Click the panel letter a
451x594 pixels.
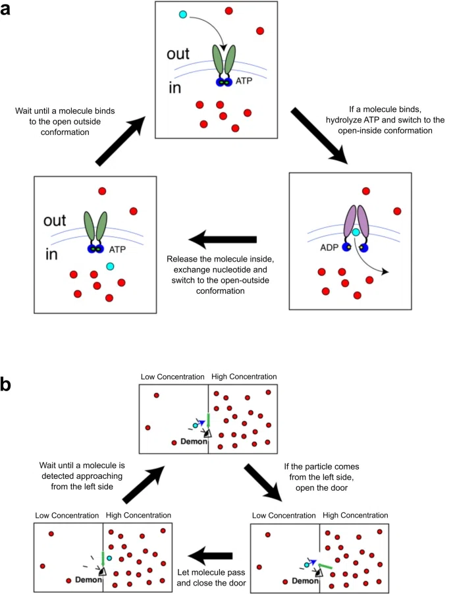tap(5, 9)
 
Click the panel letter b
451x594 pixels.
tap(6, 384)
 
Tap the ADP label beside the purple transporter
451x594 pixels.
tap(329, 248)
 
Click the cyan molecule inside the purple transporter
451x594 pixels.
tap(356, 232)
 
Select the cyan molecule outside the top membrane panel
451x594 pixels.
tap(183, 14)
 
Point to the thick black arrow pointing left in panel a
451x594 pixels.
tap(223, 240)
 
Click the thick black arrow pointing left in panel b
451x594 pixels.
tap(210, 556)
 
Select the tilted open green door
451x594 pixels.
tap(325, 566)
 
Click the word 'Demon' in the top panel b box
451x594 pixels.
tap(194, 441)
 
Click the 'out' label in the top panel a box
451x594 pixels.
tap(178, 54)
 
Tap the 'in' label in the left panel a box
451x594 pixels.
tap(51, 254)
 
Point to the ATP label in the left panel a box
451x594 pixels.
tap(117, 250)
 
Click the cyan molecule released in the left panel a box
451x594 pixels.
tap(110, 266)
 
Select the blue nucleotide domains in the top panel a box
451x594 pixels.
tap(224, 82)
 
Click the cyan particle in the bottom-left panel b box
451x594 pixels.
tap(109, 558)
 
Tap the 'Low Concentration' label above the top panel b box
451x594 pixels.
tap(172, 377)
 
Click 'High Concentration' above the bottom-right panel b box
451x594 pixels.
tap(355, 515)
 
